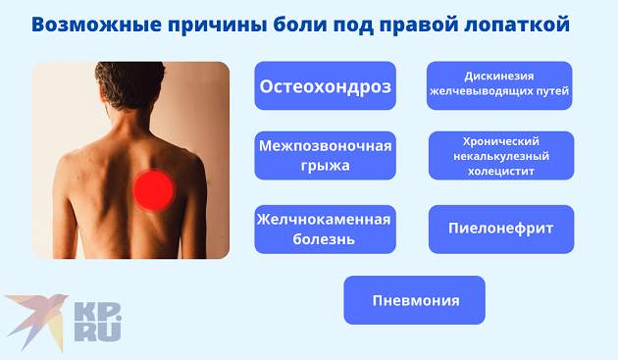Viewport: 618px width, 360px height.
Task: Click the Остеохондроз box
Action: [x=325, y=86]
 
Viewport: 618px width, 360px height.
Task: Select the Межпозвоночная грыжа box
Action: [x=325, y=155]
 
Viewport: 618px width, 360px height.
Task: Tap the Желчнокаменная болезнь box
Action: [x=325, y=229]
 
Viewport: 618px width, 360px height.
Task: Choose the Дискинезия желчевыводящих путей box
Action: [x=499, y=84]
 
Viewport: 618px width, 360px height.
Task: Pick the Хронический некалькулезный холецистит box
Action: [x=501, y=155]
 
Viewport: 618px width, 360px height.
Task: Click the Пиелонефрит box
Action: [x=501, y=229]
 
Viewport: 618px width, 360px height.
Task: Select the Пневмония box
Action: [x=415, y=300]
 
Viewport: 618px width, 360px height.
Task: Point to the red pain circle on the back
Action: [x=154, y=189]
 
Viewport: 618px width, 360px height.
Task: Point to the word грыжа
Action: [x=325, y=166]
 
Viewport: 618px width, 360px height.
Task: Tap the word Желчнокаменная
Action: [x=325, y=219]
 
